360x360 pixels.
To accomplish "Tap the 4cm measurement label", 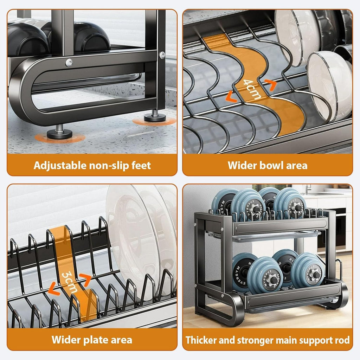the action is [252, 89].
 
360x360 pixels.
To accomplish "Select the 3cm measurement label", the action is [69, 282].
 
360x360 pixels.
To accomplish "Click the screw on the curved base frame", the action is [69, 62].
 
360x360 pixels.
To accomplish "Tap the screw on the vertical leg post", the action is [162, 55].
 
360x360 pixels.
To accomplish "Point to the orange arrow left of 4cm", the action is [231, 96].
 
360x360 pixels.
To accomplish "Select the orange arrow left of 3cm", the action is [54, 289].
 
